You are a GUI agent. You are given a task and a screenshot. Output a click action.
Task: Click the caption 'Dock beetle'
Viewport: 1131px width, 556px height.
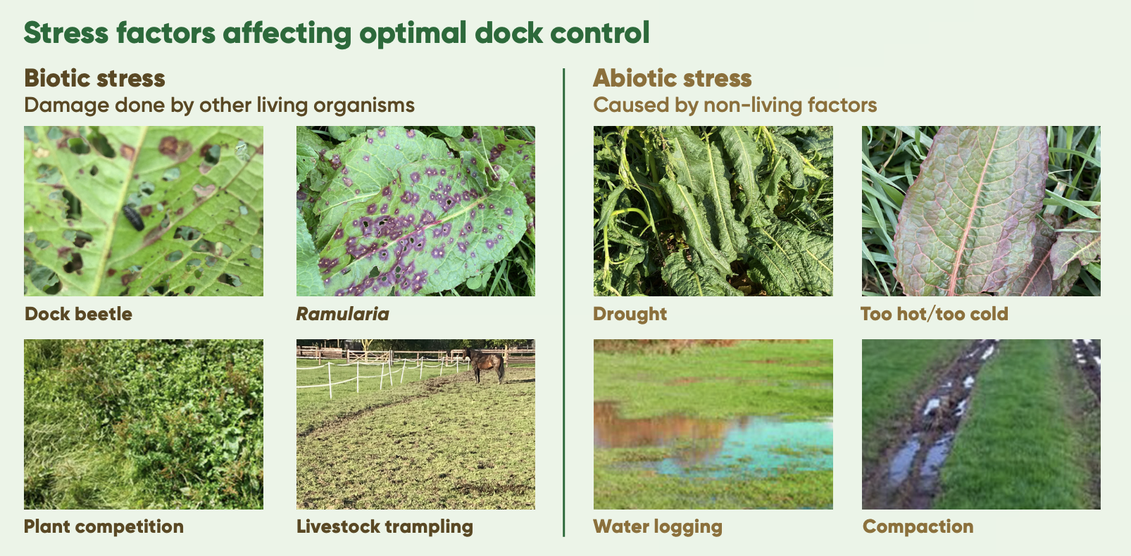click(78, 314)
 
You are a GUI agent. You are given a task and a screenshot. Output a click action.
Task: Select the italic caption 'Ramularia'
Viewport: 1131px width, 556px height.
click(342, 314)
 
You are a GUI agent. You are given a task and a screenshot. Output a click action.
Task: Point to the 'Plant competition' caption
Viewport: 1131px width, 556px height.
click(104, 526)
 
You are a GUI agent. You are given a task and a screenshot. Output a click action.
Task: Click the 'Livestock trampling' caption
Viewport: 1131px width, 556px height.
click(385, 526)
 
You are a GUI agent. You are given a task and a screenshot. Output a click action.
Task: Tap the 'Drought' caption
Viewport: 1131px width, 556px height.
click(630, 314)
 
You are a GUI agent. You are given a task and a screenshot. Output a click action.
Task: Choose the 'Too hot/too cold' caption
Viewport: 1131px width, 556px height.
click(934, 314)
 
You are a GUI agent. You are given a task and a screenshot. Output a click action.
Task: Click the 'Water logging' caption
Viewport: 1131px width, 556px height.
click(657, 526)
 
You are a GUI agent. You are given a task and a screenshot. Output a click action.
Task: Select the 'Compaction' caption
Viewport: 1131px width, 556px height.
click(918, 526)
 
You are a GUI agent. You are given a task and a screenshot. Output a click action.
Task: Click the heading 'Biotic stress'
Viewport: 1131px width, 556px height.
click(94, 78)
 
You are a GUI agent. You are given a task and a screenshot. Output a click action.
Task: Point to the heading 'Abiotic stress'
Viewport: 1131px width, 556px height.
click(672, 78)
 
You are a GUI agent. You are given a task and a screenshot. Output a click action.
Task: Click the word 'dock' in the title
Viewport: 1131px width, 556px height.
click(508, 33)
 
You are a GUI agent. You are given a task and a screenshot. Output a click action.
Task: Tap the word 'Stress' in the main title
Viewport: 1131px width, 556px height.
click(65, 33)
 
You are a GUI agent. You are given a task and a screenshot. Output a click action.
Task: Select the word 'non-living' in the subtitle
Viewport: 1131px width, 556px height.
click(752, 105)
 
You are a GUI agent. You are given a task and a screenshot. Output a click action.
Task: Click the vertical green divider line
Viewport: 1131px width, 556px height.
click(563, 302)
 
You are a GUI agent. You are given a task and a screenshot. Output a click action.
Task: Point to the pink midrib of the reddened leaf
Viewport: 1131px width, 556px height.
click(975, 212)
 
